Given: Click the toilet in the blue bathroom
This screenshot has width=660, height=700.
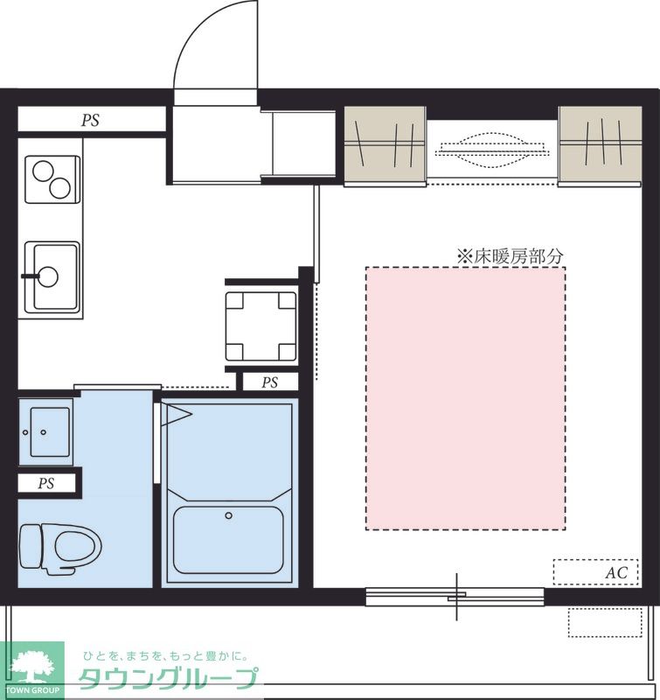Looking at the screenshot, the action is (60, 549).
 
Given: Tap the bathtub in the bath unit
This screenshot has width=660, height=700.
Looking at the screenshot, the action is (228, 540).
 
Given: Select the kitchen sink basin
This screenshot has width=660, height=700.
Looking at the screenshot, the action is (52, 276).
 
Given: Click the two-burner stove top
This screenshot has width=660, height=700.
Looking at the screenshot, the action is (52, 179).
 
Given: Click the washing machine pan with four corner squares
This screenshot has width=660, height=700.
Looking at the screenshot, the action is (261, 326).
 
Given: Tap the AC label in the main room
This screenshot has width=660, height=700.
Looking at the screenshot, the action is (616, 573).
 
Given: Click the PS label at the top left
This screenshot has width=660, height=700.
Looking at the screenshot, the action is (90, 120).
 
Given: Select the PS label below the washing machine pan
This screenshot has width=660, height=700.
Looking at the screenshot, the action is (270, 382).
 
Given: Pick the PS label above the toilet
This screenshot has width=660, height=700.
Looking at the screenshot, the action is (46, 484).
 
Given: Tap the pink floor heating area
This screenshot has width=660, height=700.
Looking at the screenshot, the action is (466, 398).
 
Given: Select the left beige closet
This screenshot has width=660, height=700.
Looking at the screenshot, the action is (385, 144).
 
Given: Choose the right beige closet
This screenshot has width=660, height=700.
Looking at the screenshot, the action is (601, 144).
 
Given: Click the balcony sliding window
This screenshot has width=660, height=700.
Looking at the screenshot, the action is (455, 597).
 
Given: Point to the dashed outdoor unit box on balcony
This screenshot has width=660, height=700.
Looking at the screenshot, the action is (605, 622).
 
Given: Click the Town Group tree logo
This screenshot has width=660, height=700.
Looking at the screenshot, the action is (32, 670).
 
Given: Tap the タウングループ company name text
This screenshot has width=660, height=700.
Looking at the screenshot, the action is (169, 679).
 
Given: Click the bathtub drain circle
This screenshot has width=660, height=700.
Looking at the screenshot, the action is (229, 515).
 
